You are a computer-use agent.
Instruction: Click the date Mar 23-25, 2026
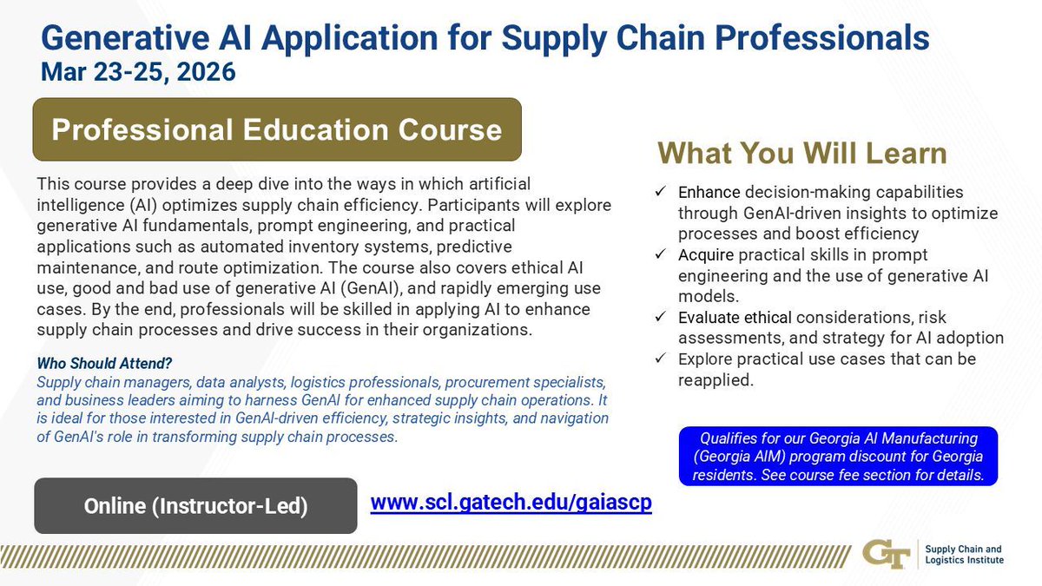click(138, 71)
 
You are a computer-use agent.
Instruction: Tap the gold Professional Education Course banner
click(277, 129)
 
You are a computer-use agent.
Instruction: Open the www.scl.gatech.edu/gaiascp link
click(511, 504)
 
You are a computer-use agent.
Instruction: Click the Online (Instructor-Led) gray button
click(195, 506)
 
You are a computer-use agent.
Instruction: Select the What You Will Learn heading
click(801, 154)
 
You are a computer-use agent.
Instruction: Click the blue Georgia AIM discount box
click(839, 457)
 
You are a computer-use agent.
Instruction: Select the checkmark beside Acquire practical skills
click(661, 255)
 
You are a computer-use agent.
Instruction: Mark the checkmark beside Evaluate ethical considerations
click(661, 318)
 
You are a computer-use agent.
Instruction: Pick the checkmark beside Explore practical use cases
click(661, 359)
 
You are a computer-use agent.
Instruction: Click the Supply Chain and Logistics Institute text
click(963, 555)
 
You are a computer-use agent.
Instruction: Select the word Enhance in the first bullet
click(708, 193)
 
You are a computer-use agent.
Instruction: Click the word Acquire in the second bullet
click(707, 255)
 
